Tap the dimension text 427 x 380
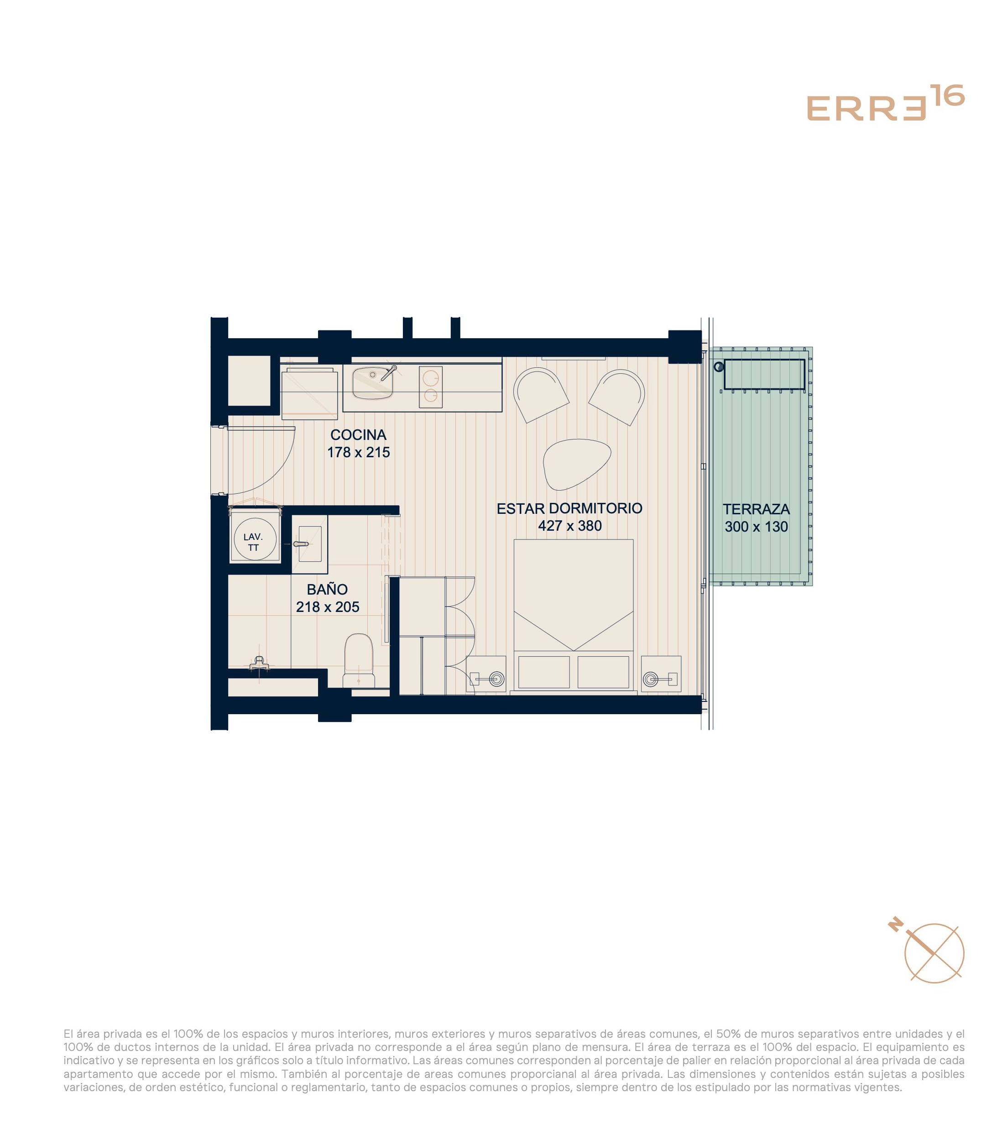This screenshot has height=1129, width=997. [569, 525]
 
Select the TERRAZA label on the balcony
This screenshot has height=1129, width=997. [756, 509]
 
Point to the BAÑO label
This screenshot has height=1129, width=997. [327, 589]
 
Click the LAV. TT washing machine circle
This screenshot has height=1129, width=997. [255, 539]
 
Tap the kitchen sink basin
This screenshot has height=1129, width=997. [373, 383]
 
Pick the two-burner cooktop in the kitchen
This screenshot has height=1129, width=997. [430, 387]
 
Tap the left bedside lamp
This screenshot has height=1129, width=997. [496, 678]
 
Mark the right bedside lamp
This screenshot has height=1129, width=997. [651, 678]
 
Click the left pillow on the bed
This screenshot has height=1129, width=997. [543, 672]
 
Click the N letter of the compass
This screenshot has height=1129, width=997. [895, 940]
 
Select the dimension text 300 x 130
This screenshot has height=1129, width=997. [756, 526]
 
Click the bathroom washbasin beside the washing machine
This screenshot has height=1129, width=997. [309, 544]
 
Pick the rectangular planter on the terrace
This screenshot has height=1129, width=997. [764, 375]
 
